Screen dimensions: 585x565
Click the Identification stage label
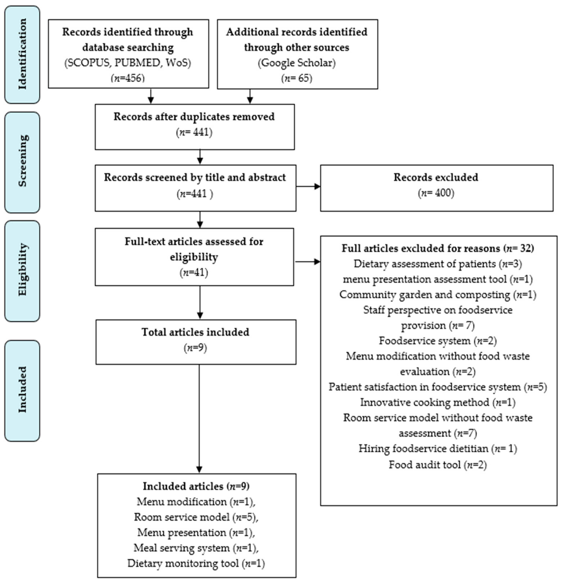click(22, 54)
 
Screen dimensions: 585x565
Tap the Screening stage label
click(22, 161)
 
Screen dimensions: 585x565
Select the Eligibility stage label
click(22, 270)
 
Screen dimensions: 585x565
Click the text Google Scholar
click(297, 63)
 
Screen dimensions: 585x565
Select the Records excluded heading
click(436, 177)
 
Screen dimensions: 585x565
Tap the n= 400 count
click(436, 193)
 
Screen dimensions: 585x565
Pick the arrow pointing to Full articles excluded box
click(307, 262)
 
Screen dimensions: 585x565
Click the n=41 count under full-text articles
click(194, 272)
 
